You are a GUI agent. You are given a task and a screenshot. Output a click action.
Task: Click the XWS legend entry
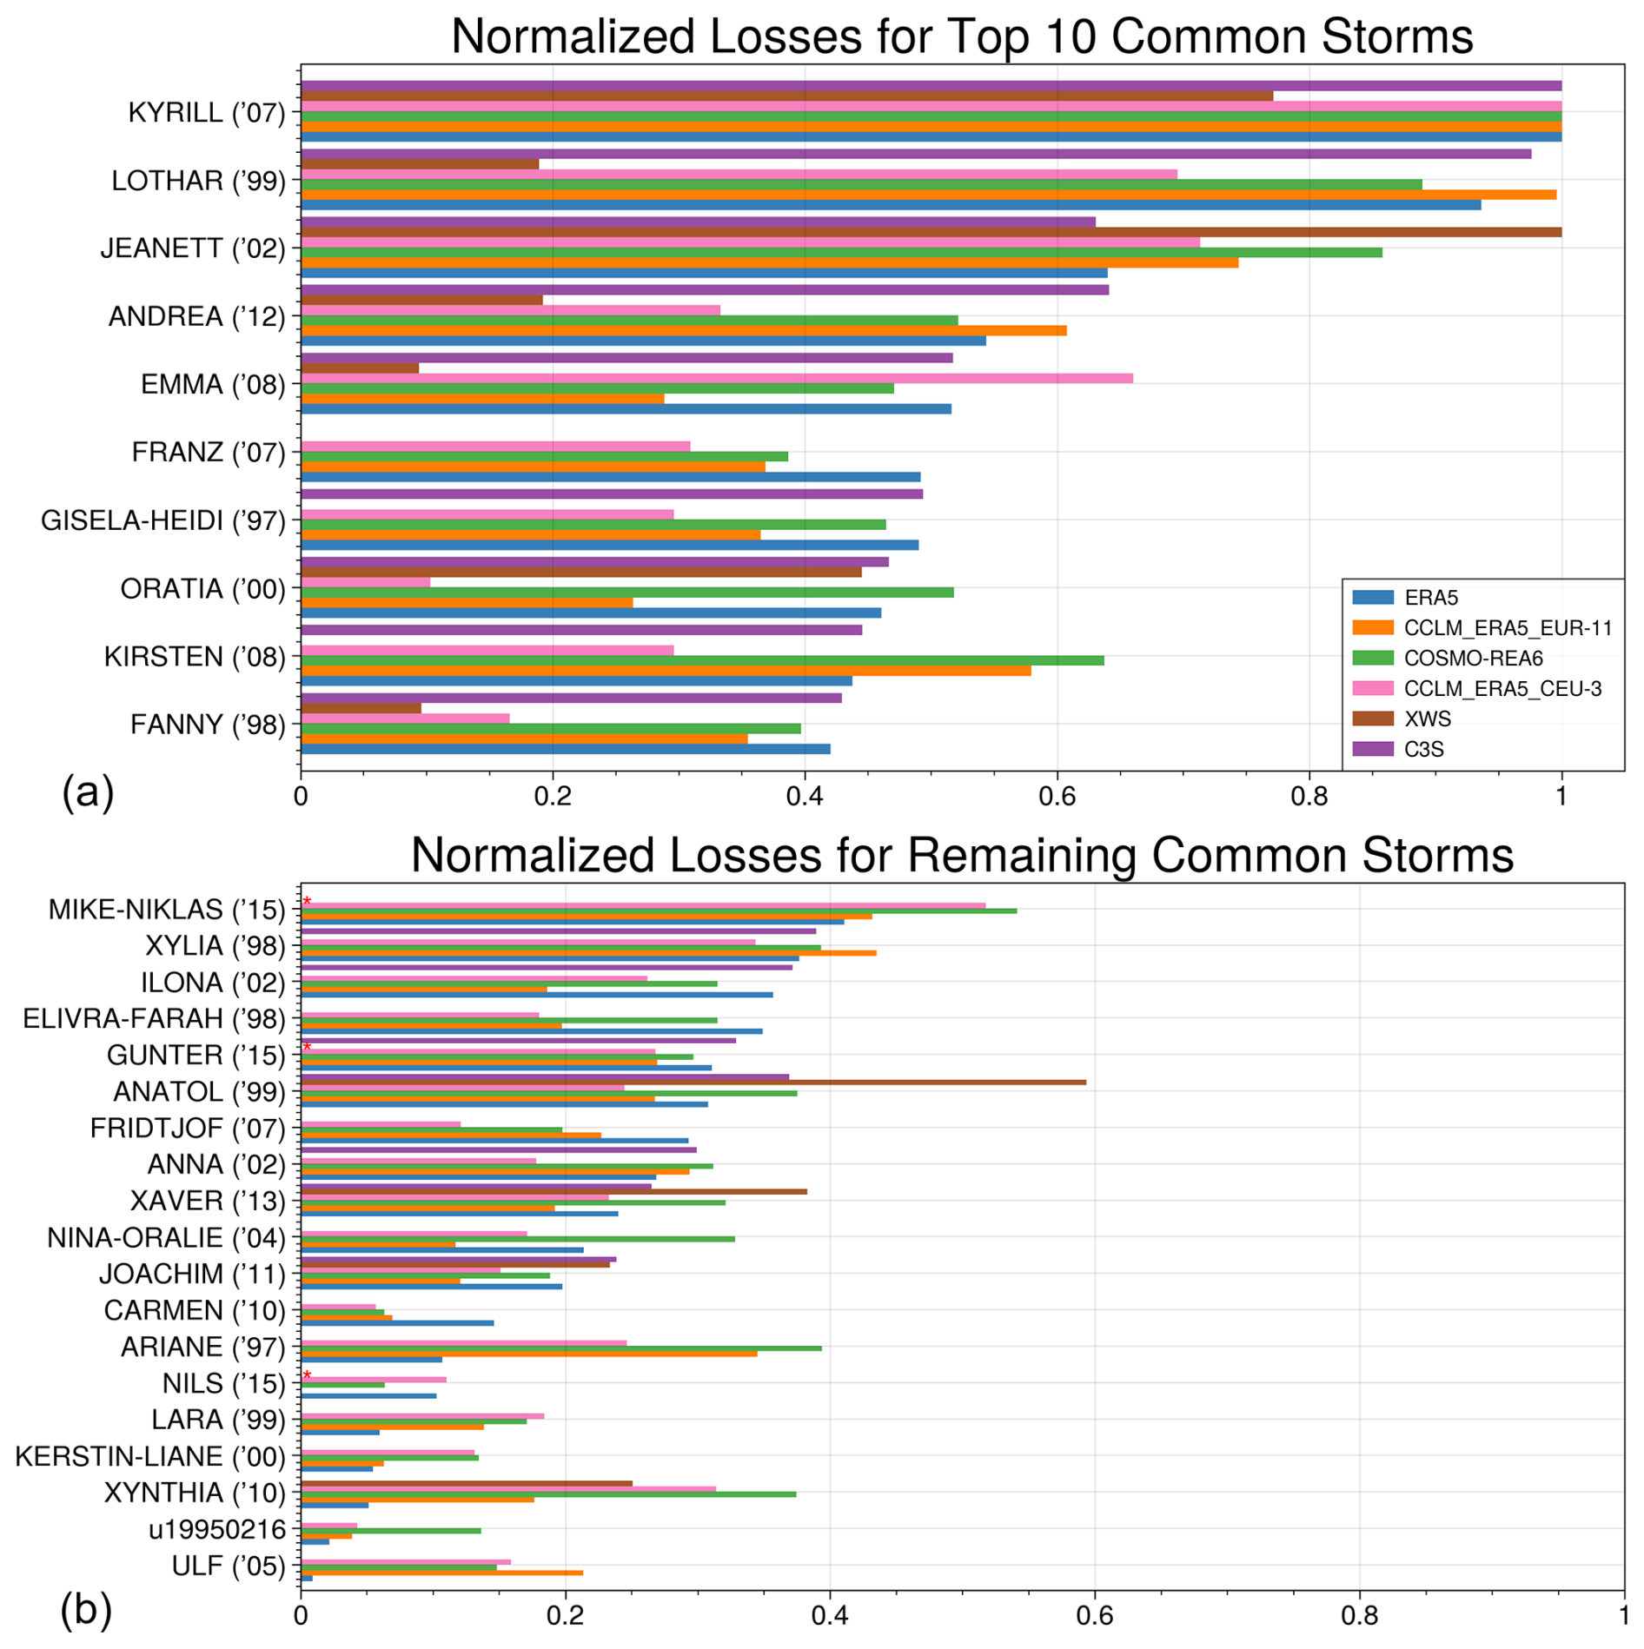(1428, 719)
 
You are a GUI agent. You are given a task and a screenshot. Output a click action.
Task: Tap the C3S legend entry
(1423, 750)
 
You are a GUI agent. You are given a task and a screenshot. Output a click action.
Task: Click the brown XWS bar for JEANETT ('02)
(930, 232)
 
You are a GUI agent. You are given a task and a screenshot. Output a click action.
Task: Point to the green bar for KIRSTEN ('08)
(702, 660)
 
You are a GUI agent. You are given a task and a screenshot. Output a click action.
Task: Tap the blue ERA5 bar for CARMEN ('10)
(397, 1323)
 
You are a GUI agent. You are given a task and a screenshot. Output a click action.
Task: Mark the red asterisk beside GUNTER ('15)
(307, 1047)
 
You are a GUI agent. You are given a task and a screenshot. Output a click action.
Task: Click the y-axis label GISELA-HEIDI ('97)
(163, 521)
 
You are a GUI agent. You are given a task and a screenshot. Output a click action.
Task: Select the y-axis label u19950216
(216, 1529)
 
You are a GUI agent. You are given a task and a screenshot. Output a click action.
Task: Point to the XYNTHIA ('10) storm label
(195, 1493)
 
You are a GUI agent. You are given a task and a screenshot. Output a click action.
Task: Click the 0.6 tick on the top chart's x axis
(1057, 796)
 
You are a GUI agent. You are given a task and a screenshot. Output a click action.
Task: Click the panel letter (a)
(88, 792)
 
